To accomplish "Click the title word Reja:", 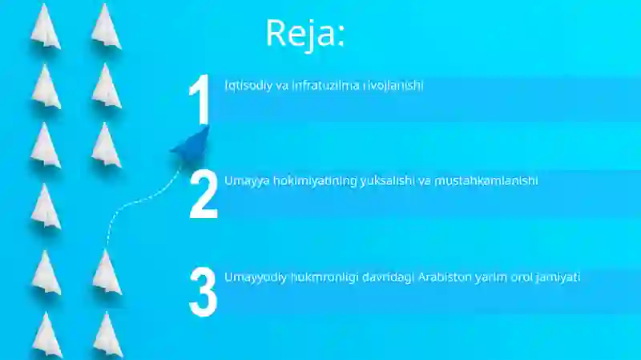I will tap(305, 33).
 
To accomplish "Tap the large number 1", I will tap(200, 102).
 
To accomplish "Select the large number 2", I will tap(204, 195).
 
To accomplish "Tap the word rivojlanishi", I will tap(395, 85).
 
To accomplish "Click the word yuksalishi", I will tap(385, 180).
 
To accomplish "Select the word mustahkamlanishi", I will tap(486, 180).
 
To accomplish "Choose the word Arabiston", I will tap(446, 277).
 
